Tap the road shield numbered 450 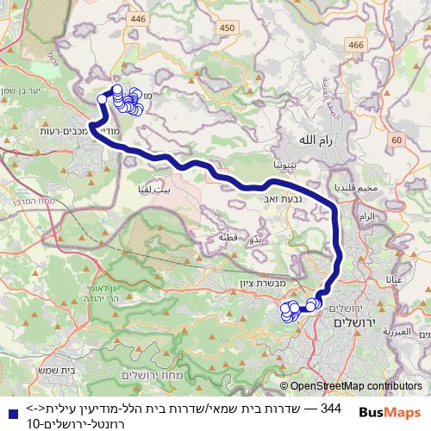[x=227, y=28]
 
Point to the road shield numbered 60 [x=396, y=140]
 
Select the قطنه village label [x=228, y=237]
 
